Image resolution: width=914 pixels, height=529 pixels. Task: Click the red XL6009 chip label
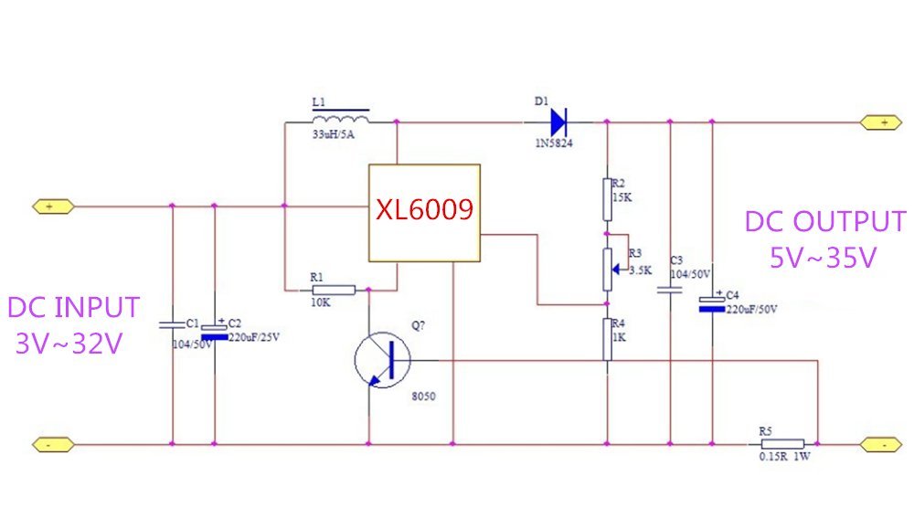point(424,210)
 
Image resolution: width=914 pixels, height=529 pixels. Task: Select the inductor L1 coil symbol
point(340,117)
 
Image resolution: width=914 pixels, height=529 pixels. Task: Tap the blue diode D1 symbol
point(558,122)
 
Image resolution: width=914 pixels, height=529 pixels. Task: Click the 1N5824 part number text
point(554,143)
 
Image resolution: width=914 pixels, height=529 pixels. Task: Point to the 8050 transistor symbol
point(382,360)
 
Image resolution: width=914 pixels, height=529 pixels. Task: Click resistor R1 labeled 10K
point(334,291)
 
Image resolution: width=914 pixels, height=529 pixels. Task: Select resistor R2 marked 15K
point(607,200)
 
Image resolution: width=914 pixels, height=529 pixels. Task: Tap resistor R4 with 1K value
point(607,340)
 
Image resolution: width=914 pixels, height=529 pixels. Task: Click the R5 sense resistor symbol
point(782,444)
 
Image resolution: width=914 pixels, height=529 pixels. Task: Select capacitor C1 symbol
point(172,324)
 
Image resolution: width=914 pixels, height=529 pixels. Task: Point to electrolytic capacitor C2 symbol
point(214,332)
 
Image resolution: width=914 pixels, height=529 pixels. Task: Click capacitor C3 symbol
point(670,290)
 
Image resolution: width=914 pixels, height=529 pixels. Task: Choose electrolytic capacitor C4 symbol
point(712,303)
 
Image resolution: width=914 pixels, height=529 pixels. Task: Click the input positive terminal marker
point(53,206)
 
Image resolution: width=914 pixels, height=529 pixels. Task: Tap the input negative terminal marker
point(53,445)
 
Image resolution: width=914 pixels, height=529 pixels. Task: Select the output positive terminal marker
point(881,122)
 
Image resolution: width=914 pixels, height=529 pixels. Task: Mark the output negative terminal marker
point(881,445)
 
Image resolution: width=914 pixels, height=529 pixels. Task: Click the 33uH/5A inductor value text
point(334,134)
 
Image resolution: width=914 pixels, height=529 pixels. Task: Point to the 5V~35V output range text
point(824,258)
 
